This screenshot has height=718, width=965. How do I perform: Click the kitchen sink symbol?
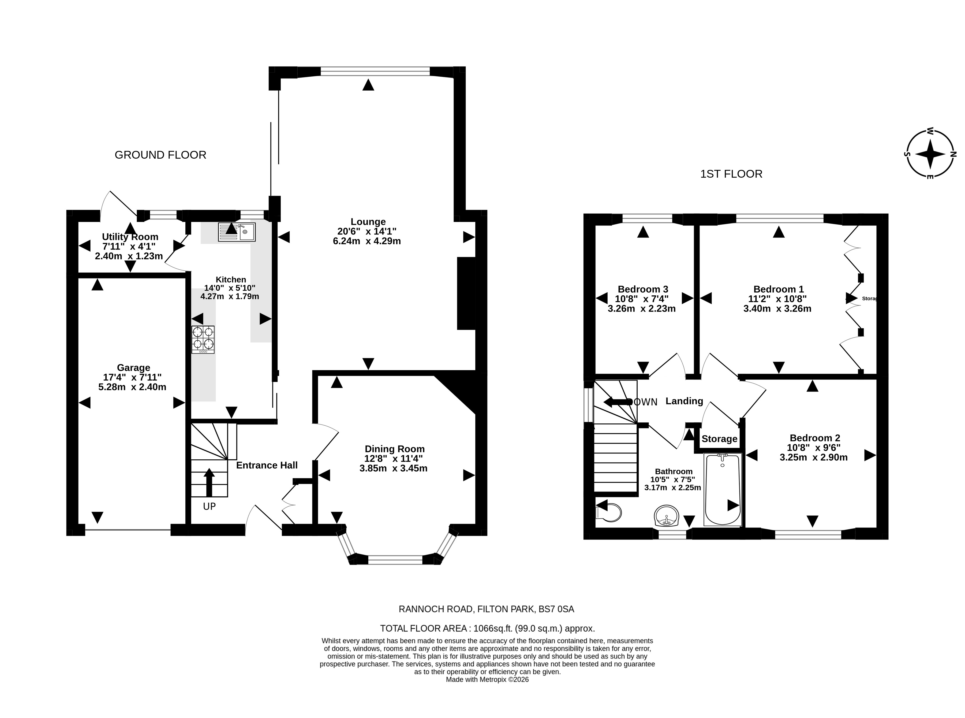click(237, 232)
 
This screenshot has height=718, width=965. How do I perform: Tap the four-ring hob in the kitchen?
click(203, 340)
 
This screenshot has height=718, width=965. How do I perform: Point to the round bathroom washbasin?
click(666, 516)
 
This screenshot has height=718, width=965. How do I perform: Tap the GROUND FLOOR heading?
click(160, 155)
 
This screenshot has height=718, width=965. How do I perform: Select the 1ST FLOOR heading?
click(731, 174)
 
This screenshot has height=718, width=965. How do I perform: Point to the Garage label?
click(133, 368)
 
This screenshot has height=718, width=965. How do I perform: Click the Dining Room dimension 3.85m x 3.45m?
click(393, 468)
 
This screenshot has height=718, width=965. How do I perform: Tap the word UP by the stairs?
click(210, 506)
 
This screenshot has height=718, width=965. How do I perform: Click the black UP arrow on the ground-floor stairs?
click(209, 482)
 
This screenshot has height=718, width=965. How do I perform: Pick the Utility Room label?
click(130, 237)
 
